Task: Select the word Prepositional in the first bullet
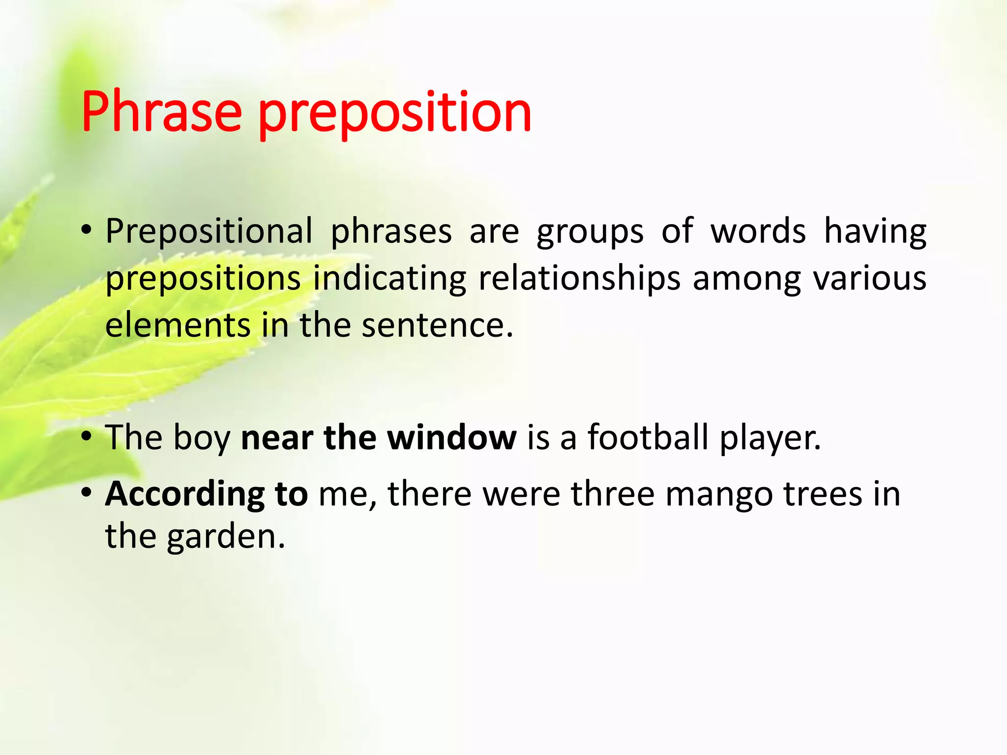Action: pyautogui.click(x=209, y=231)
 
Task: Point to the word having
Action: pyautogui.click(x=875, y=231)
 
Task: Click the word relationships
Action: pyautogui.click(x=579, y=279)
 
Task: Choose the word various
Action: pyautogui.click(x=869, y=278)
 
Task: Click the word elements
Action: pyautogui.click(x=178, y=325)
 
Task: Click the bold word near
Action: pyautogui.click(x=277, y=437)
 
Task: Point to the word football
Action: pyautogui.click(x=648, y=437)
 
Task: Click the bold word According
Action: pyautogui.click(x=185, y=494)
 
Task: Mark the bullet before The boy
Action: pyautogui.click(x=87, y=436)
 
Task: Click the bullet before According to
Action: pyautogui.click(x=87, y=493)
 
